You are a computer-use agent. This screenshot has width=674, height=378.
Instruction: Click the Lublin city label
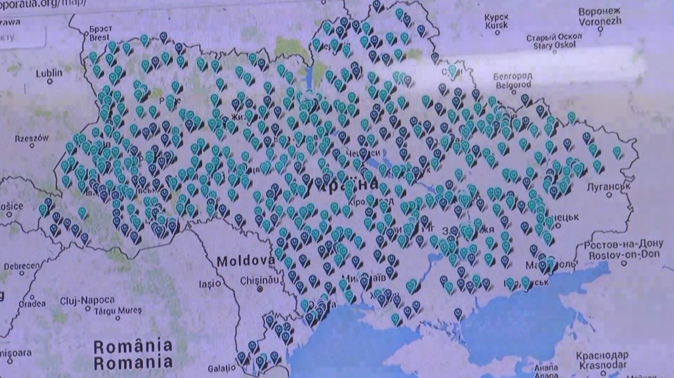point(49,73)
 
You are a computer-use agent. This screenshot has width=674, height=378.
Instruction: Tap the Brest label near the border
point(99,33)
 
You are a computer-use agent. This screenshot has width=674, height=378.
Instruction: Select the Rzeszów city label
point(32,138)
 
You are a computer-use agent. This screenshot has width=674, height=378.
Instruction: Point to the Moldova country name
point(245,260)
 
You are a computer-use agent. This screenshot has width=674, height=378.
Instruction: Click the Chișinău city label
point(260,280)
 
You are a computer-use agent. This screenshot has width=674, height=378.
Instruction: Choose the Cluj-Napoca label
point(87,301)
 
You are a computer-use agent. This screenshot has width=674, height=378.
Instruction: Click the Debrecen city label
point(21,266)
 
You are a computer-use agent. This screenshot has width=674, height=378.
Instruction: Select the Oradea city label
point(32,304)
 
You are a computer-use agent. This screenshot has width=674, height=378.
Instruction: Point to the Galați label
point(221,369)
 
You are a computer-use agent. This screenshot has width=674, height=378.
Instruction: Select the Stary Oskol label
point(554,41)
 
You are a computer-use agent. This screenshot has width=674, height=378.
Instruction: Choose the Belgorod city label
point(513,81)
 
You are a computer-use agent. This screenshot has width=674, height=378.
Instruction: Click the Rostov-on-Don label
point(623,250)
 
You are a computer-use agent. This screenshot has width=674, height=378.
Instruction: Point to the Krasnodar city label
point(602,360)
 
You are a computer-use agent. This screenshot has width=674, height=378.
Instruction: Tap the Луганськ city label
point(608,187)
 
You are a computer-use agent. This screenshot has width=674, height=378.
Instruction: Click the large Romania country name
point(133,354)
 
